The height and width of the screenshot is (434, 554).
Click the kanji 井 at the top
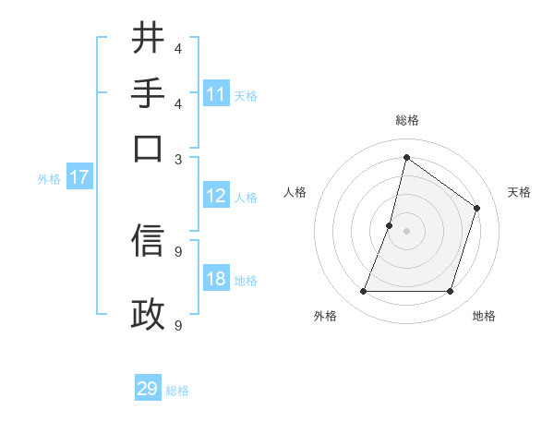tap(148, 39)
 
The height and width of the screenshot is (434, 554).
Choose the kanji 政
tap(148, 315)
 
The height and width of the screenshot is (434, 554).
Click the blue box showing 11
tap(216, 94)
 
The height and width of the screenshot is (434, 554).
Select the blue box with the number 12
tap(216, 196)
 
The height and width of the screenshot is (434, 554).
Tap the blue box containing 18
tap(216, 279)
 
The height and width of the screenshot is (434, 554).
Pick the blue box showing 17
tap(78, 177)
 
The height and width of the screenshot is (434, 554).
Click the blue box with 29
tap(148, 389)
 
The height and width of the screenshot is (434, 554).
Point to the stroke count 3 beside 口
tap(178, 159)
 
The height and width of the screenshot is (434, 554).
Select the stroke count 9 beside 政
tap(178, 325)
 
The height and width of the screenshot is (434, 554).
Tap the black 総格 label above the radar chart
tap(406, 121)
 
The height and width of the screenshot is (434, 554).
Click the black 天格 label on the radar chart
tap(519, 192)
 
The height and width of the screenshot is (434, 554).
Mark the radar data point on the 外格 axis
tap(363, 292)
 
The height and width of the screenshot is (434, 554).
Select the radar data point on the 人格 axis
tap(390, 224)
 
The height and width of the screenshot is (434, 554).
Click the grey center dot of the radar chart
tap(406, 230)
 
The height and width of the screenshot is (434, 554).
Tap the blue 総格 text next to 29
tap(177, 391)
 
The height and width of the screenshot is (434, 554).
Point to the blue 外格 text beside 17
tap(48, 179)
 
